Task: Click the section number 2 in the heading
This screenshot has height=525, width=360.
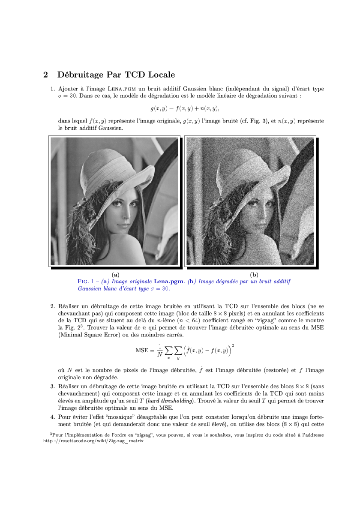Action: [x=45, y=75]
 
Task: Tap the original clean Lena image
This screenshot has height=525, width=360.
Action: [x=114, y=201]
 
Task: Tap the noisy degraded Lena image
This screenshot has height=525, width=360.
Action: [x=250, y=201]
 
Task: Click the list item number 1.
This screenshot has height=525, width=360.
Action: [x=53, y=89]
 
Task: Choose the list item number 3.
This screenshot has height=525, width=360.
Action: [x=53, y=387]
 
